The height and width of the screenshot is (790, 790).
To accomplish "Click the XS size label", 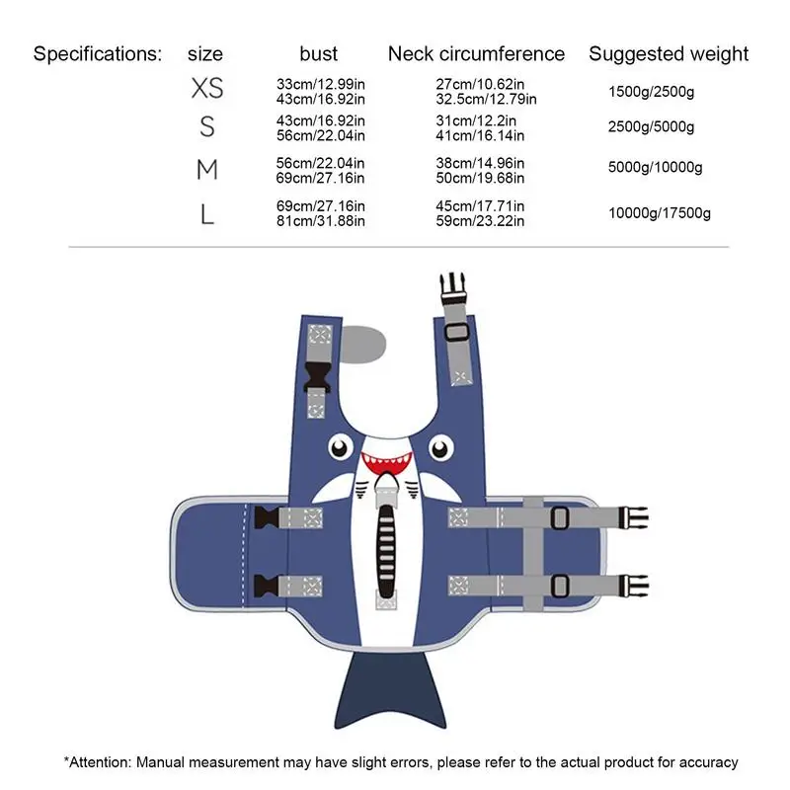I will pyautogui.click(x=206, y=89).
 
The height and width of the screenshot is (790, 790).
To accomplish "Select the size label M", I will pyautogui.click(x=206, y=170).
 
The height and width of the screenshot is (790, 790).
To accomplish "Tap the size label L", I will pyautogui.click(x=206, y=213).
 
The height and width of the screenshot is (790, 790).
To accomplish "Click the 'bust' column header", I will pyautogui.click(x=318, y=53).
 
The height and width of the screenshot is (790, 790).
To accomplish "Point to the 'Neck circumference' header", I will pyautogui.click(x=476, y=53).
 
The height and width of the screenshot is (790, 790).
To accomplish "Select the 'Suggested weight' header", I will pyautogui.click(x=669, y=53).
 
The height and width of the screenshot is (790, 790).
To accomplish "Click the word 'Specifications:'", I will pyautogui.click(x=97, y=53).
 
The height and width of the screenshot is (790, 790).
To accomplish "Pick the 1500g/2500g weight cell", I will pyautogui.click(x=651, y=91).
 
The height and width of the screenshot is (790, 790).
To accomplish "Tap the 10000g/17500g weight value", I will pyautogui.click(x=659, y=212).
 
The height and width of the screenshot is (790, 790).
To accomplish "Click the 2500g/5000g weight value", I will pyautogui.click(x=651, y=127).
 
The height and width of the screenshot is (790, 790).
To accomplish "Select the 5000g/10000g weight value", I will pyautogui.click(x=655, y=168).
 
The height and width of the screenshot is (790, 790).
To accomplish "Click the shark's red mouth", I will pyautogui.click(x=385, y=461).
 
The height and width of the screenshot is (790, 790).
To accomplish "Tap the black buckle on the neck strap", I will pyautogui.click(x=318, y=377).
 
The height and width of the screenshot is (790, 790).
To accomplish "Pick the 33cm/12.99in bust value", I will pyautogui.click(x=321, y=85).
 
